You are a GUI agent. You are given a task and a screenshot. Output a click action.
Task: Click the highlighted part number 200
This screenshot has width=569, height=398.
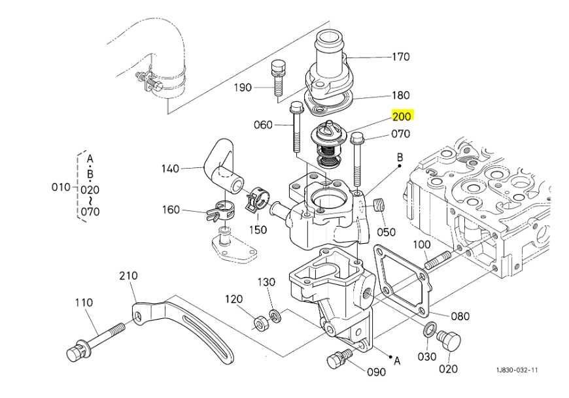402,117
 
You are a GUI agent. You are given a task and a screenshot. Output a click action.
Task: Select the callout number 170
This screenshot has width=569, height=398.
401,57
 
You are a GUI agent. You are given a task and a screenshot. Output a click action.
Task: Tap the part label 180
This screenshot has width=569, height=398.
401,95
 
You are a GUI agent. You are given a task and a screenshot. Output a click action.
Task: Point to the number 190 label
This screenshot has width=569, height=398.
243,88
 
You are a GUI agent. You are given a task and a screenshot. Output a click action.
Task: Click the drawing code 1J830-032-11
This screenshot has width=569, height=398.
517,371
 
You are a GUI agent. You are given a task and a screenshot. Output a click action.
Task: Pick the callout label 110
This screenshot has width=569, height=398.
84,303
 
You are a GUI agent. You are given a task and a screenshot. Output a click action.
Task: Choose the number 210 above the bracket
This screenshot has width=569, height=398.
128,276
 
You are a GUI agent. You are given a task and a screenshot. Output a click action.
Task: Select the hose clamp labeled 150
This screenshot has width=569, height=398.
258,199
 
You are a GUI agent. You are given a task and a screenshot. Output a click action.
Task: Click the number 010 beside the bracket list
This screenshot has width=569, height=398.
60,188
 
